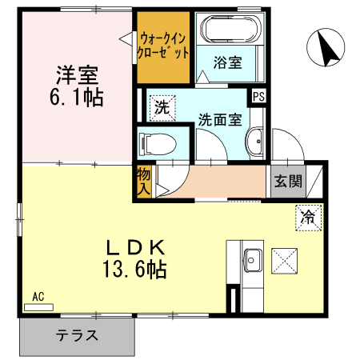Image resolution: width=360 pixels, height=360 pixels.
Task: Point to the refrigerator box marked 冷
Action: click(x=308, y=214)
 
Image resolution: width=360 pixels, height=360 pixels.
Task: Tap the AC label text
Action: click(x=38, y=297)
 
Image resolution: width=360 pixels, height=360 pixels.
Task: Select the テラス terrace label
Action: click(x=77, y=335)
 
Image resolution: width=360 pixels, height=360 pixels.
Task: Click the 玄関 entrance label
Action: click(x=289, y=182)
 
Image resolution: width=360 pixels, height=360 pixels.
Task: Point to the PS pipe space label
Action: click(x=258, y=96)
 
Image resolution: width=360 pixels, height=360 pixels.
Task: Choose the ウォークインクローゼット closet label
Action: click(x=163, y=46)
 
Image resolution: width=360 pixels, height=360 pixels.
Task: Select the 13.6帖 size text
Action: click(x=134, y=270)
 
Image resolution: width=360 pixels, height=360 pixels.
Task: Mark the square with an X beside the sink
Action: click(x=286, y=259)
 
